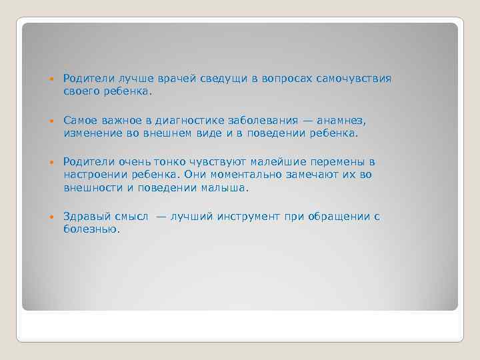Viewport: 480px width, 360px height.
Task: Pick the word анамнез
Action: (341, 121)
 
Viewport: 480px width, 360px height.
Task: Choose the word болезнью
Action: (91, 229)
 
